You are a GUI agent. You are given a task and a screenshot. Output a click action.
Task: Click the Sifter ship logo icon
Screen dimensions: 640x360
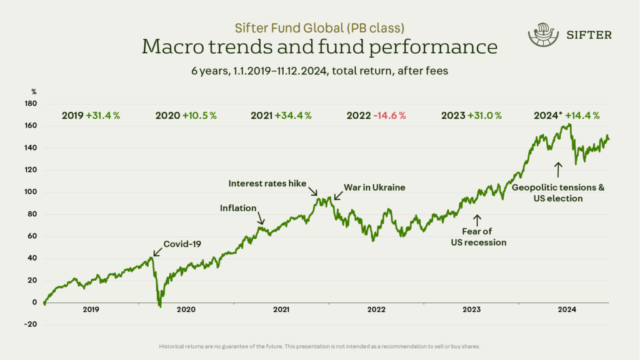click(x=543, y=35)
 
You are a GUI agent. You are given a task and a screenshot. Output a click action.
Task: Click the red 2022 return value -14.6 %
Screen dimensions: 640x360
click(x=389, y=116)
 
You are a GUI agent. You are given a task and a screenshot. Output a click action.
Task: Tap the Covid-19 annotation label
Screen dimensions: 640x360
click(x=182, y=244)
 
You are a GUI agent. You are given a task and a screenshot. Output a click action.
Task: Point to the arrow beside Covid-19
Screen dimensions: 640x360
click(x=157, y=252)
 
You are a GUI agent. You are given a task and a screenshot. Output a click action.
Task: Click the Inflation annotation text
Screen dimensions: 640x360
click(x=238, y=208)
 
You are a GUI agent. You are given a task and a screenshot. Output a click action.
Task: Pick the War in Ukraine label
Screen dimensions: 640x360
click(x=374, y=187)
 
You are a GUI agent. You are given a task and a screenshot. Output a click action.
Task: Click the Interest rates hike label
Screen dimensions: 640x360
click(x=267, y=184)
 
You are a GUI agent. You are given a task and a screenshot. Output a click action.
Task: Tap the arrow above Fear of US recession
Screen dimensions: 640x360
click(x=477, y=220)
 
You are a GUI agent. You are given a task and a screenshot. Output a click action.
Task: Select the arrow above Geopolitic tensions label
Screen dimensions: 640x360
click(x=558, y=170)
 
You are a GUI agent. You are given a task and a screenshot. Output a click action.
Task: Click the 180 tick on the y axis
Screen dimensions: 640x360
click(x=31, y=104)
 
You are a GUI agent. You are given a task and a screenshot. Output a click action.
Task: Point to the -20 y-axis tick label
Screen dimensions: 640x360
click(x=31, y=324)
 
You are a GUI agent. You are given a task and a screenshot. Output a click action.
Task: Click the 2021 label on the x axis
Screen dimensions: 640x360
click(x=281, y=309)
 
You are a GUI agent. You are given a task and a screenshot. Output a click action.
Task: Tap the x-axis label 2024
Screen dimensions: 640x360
click(x=567, y=309)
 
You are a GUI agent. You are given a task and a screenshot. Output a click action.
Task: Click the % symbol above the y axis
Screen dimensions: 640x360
click(x=34, y=92)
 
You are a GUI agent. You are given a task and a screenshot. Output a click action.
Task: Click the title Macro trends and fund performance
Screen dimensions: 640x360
click(x=319, y=46)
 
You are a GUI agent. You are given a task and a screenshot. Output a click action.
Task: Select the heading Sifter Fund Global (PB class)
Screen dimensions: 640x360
click(x=319, y=27)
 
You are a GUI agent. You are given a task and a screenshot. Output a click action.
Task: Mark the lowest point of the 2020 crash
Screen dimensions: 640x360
click(x=160, y=307)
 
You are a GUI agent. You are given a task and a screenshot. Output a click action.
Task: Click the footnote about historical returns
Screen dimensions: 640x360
click(x=319, y=346)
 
